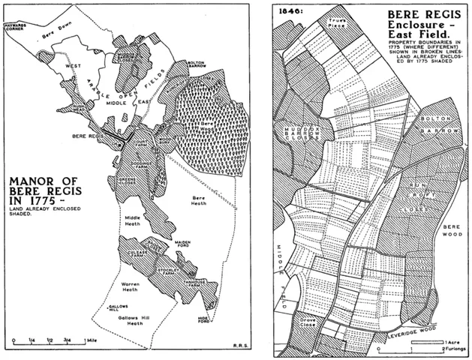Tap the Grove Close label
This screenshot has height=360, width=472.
[x=307, y=325]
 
